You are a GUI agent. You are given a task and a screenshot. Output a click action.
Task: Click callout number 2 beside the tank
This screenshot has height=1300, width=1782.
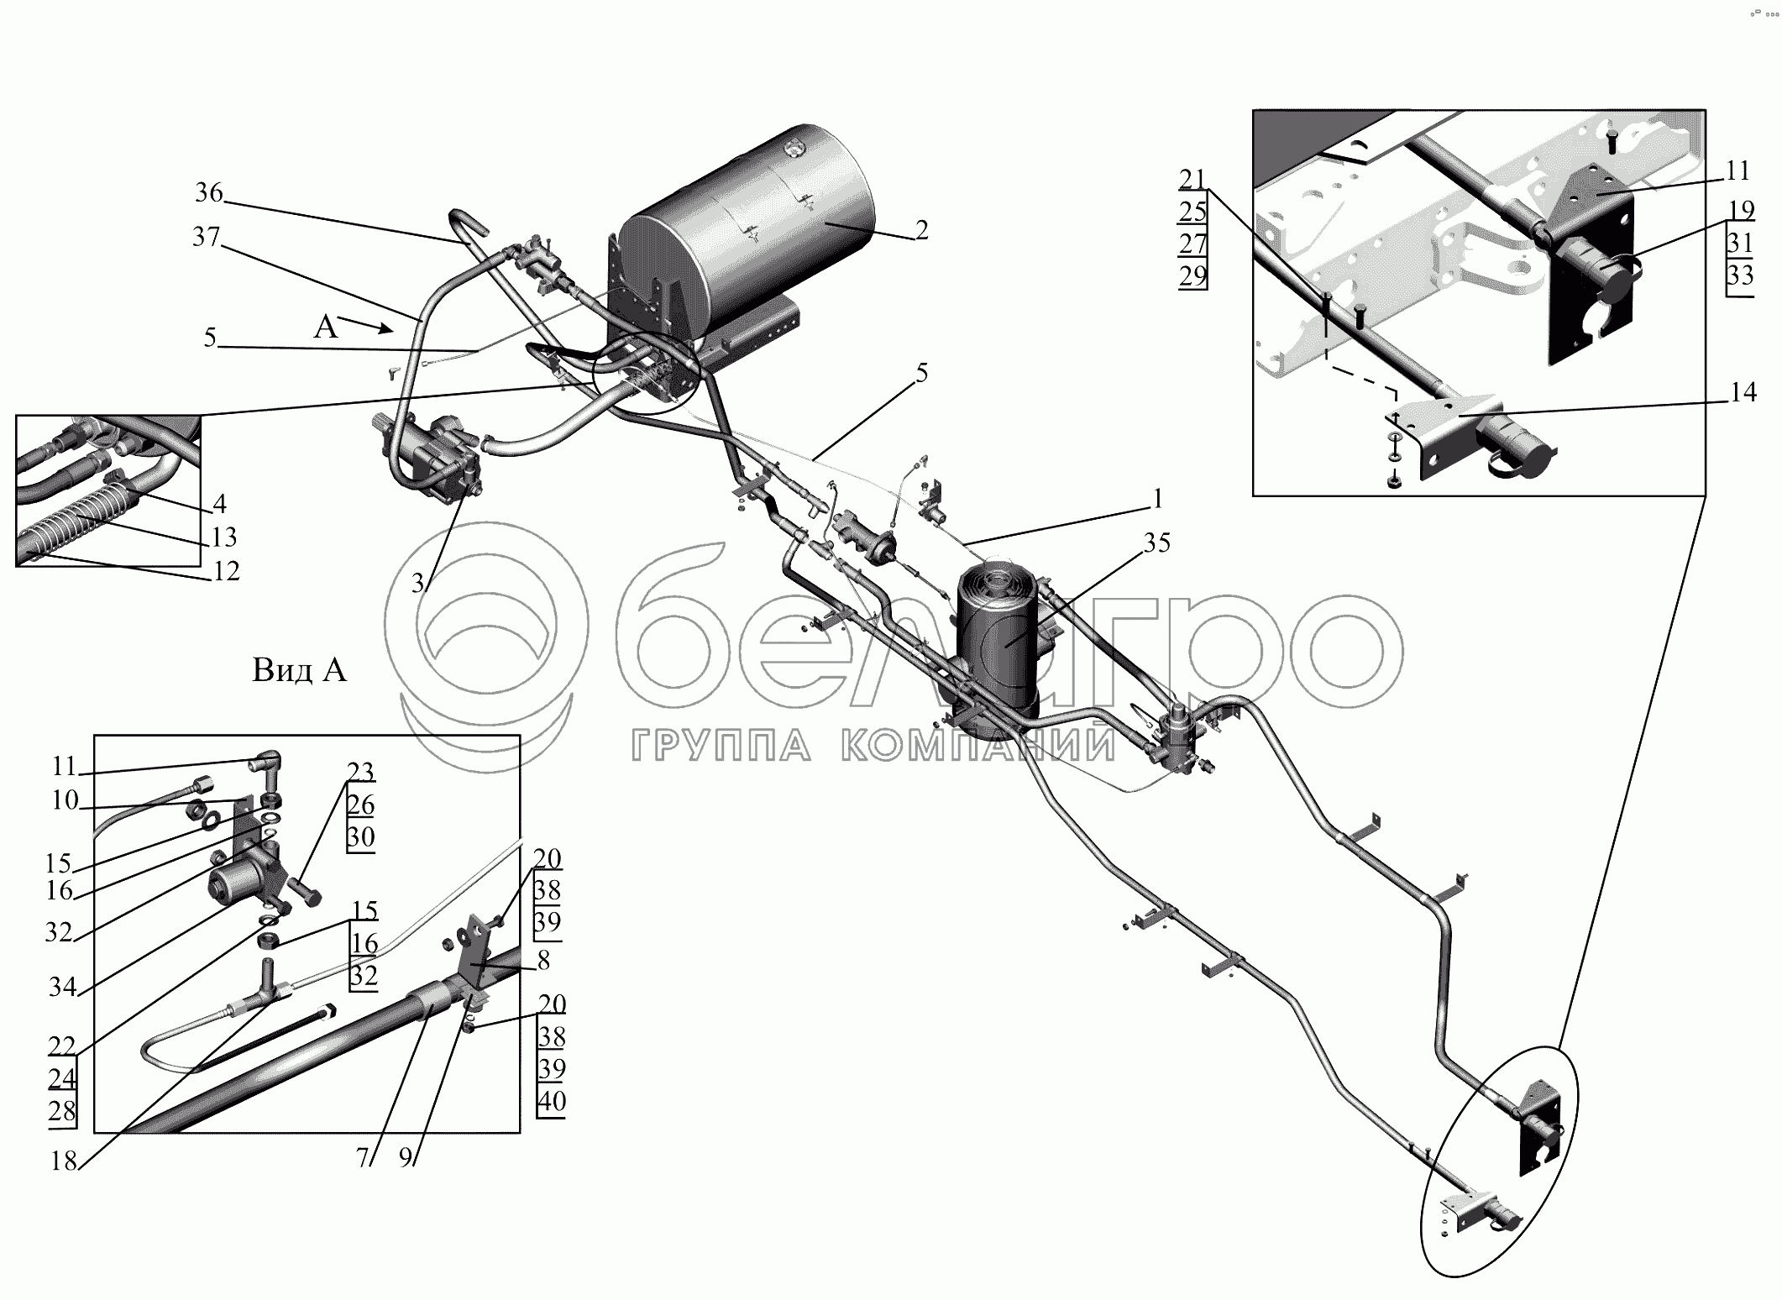click(921, 230)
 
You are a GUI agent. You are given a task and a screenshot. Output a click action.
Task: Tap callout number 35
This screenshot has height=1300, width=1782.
click(1156, 543)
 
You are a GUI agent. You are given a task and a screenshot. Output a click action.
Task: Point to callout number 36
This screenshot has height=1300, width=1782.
click(209, 193)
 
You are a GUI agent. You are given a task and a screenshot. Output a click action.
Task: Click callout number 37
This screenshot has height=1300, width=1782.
click(206, 238)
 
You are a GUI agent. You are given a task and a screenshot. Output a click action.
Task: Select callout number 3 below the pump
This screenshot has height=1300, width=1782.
click(417, 583)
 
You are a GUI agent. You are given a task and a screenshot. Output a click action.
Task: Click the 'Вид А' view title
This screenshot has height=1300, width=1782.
click(299, 670)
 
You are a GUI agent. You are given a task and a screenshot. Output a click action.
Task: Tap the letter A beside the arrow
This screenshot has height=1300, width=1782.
click(325, 328)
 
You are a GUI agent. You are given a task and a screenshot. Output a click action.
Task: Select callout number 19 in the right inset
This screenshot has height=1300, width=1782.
click(1742, 210)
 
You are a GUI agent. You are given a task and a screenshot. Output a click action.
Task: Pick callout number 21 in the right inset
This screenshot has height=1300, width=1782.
click(1192, 180)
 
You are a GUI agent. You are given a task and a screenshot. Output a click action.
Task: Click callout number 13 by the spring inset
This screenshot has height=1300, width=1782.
click(224, 537)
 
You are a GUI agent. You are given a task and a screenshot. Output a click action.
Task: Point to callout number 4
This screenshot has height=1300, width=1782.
click(219, 504)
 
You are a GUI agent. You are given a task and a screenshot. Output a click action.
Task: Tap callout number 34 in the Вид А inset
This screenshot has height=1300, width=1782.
click(62, 987)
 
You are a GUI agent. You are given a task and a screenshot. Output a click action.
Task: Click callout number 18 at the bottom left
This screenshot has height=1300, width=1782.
click(64, 1162)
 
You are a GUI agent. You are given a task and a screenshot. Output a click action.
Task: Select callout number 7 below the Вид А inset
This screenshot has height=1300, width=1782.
click(362, 1158)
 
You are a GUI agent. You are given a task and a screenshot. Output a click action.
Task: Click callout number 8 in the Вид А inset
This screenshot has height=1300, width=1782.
click(543, 959)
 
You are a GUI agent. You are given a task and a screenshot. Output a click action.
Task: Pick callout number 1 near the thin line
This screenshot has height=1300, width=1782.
click(1157, 500)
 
